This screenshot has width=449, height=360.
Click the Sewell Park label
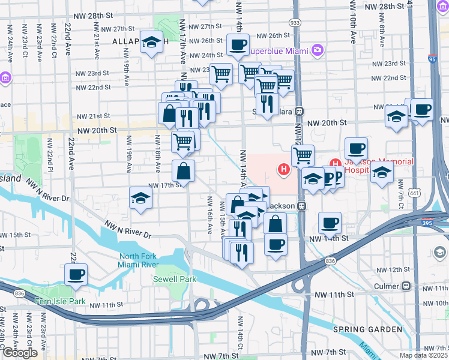coord(166,279)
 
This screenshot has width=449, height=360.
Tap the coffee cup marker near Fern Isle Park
coord(76,274)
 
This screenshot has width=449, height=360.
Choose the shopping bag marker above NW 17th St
coord(183,170)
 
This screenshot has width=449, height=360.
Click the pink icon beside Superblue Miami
coord(318,49)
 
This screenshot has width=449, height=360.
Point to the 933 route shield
coord(295,22)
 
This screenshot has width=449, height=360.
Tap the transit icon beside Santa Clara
coord(298,112)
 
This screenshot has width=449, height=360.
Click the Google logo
coord(20,352)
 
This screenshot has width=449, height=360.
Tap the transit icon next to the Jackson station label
coord(303,206)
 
